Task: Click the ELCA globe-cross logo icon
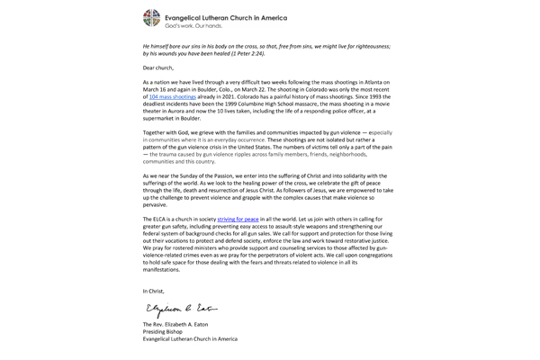click(153, 19)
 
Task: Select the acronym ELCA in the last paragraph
click(165, 219)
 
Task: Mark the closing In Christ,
click(155, 291)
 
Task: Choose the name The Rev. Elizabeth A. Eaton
click(184, 324)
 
